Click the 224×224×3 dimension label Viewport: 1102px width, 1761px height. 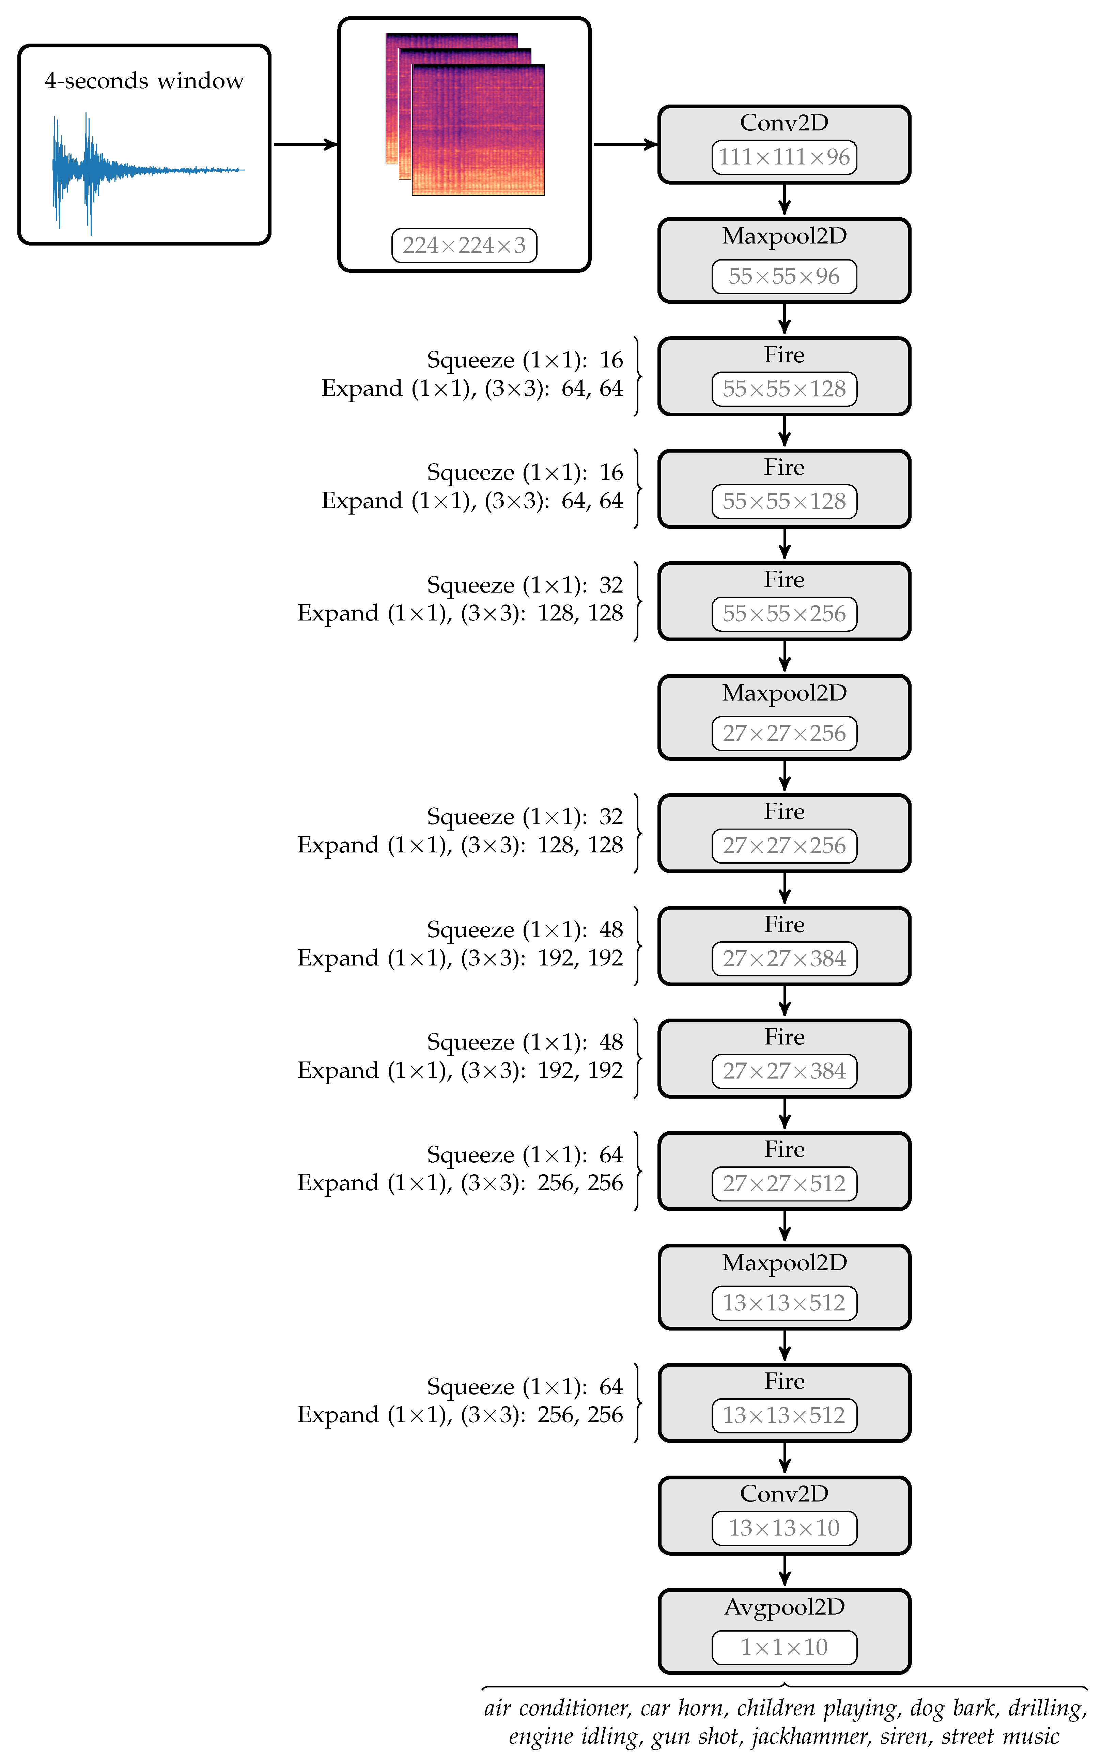(x=464, y=246)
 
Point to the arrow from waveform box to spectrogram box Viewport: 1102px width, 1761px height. (x=305, y=144)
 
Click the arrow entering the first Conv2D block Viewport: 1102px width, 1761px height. (x=625, y=144)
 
